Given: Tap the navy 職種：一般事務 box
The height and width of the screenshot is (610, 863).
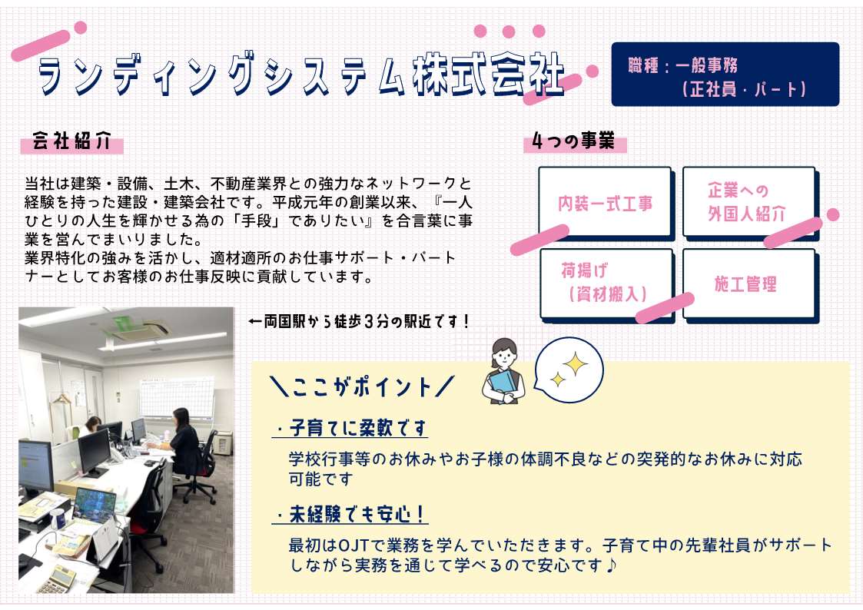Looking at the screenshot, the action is point(725,75).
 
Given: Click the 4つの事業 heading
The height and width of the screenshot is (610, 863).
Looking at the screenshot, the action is point(573,141).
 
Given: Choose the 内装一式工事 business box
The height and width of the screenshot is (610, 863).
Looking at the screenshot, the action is point(606,203).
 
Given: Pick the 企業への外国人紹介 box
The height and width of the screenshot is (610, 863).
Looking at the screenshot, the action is point(749,202).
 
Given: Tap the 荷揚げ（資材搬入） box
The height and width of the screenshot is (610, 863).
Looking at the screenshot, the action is point(606,284).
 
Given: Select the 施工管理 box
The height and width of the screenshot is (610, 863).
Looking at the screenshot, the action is point(749,284).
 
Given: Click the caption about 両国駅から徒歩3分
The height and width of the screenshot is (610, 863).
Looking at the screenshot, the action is point(359,321).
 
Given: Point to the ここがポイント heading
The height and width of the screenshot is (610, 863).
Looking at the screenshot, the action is point(362,386).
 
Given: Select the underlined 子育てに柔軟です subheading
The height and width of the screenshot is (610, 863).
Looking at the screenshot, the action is point(350,428).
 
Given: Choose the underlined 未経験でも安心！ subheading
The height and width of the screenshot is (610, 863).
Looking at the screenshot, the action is point(350,514).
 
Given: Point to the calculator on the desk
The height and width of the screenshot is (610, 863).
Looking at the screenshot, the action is point(57,579).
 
